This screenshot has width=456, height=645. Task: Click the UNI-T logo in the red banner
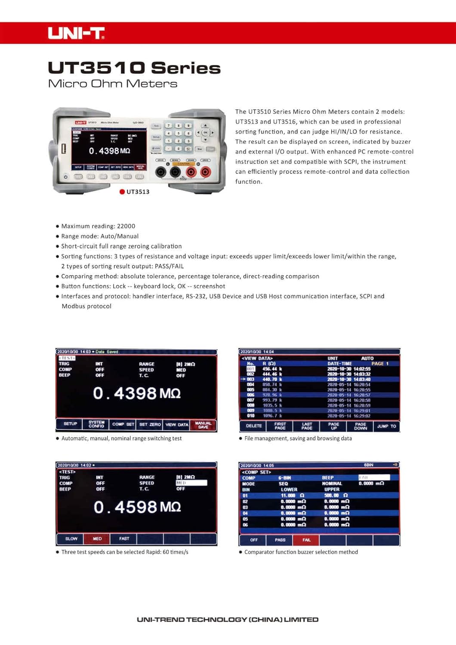pos(76,33)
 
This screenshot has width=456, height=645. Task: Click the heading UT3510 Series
pos(134,68)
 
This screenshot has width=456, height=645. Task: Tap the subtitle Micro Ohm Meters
pos(113,83)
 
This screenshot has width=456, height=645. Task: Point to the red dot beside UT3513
pos(122,192)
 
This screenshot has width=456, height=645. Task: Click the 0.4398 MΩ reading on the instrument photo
pos(109,151)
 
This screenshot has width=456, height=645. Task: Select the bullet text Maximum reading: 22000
pos(98,226)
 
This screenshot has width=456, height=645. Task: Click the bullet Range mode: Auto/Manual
pos(100,236)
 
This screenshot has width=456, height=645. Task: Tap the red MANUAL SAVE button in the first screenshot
pos(203,425)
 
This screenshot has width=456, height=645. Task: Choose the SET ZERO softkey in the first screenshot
pos(150,424)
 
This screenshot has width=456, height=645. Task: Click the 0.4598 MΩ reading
pos(137,507)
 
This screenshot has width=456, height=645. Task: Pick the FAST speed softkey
pos(124,538)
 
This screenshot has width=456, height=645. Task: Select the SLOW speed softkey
pos(71,538)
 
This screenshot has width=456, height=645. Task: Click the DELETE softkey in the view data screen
pos(253,426)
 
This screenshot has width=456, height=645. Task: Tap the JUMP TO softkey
pos(386,426)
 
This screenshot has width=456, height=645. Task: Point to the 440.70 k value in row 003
pos(272,379)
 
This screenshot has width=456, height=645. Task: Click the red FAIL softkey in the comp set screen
pos(306,540)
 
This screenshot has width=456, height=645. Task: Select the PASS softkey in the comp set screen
pos(280,540)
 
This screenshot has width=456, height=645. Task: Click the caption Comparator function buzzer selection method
pos(301,552)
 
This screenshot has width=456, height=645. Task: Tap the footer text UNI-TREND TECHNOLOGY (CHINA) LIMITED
pos(228,620)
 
